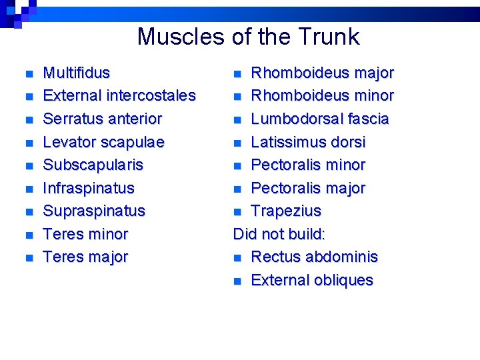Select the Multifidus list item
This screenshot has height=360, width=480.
coord(76,73)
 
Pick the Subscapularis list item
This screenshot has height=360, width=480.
coord(93,165)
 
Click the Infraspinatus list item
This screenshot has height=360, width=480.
coord(88,188)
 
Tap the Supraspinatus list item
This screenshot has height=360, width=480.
coord(93,211)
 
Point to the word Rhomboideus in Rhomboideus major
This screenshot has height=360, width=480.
coord(292,73)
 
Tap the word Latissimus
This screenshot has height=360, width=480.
coord(287,142)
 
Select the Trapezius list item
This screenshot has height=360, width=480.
coord(285,211)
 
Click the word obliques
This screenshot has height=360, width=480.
coord(343,281)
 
